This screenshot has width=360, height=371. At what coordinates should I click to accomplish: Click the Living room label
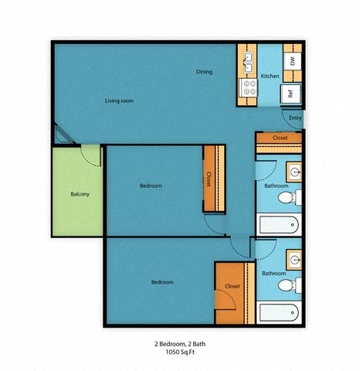click(120, 100)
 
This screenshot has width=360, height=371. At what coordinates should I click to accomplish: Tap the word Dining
click(204, 72)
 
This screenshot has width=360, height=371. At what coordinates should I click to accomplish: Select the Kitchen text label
click(270, 76)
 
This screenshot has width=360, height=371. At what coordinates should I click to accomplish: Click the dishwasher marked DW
click(292, 60)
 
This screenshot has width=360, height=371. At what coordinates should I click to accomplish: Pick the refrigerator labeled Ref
click(290, 94)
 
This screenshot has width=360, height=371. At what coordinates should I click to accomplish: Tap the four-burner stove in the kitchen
click(250, 87)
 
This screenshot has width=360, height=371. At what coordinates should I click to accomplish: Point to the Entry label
click(295, 117)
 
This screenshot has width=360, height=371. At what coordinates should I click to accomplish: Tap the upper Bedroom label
click(151, 185)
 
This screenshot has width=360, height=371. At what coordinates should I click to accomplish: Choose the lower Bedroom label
click(161, 282)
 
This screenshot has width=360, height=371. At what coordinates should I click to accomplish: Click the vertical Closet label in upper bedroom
click(209, 179)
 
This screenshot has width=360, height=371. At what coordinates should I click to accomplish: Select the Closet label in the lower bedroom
click(232, 286)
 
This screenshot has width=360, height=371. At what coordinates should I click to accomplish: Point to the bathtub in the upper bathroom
click(277, 225)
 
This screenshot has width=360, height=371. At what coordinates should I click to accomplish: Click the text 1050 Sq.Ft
click(179, 351)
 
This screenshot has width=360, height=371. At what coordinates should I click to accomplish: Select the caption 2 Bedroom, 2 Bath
click(179, 342)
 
